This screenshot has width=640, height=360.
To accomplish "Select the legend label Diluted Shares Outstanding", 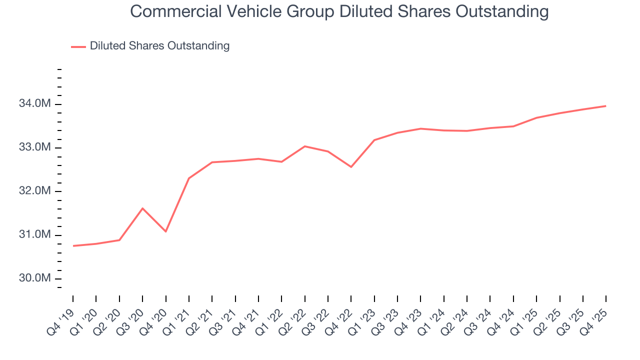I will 159,46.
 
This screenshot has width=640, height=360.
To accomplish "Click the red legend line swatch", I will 78,46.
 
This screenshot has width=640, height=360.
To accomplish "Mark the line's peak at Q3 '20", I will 142,208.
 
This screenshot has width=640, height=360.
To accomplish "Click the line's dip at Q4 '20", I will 165,231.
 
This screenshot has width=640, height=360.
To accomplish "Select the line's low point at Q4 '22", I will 351,166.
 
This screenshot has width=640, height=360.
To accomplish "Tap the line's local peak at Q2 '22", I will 304,146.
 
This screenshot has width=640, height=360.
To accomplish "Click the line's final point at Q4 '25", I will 605,106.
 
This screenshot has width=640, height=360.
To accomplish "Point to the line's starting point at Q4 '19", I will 73,245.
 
